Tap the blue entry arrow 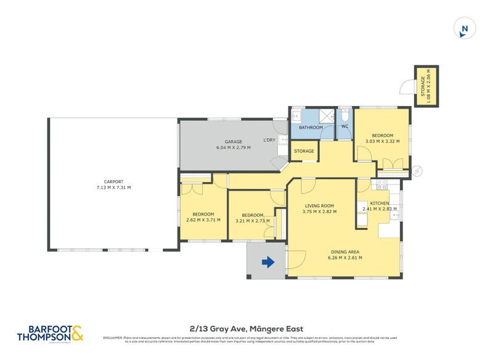(268, 263)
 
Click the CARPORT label (114, 181)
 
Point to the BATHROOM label (311, 128)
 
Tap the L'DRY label (269, 141)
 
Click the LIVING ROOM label (319, 206)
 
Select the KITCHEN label (379, 203)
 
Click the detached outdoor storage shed (426, 86)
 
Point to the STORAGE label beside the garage (304, 151)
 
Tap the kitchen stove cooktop (381, 183)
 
